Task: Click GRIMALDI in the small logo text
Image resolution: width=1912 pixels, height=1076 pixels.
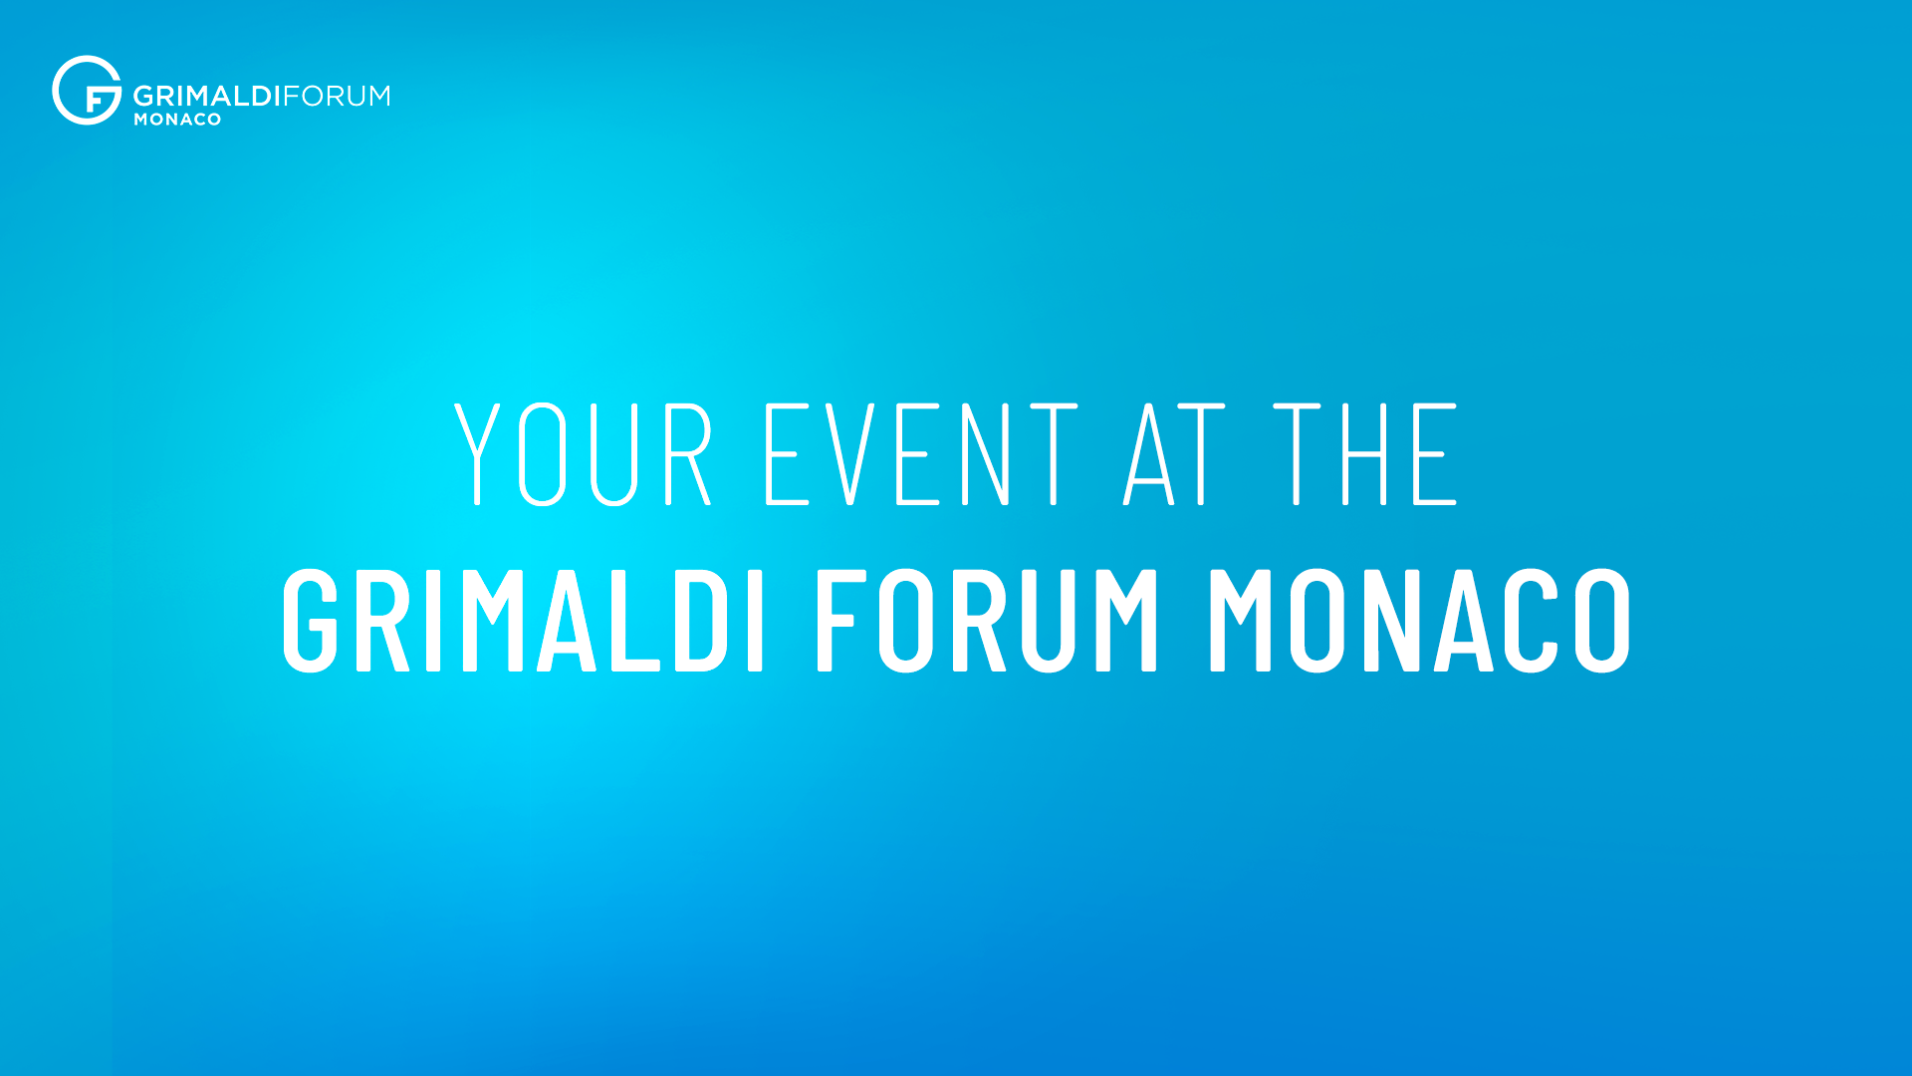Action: coord(207,96)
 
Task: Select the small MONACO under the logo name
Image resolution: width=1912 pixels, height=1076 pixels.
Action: coord(177,120)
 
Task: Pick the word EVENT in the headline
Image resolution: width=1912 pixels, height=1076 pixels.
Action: coord(921,454)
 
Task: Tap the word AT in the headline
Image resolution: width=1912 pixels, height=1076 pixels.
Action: coord(1174,454)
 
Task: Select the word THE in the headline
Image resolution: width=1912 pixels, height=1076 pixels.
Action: coord(1365,454)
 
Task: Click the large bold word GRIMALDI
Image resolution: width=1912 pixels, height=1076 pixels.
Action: coord(524,620)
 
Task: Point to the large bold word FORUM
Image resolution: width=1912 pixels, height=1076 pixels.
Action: coord(987,620)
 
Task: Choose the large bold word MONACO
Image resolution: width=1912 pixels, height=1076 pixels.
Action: coord(1420,620)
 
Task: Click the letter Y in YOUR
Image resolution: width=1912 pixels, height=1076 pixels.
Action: coord(477,454)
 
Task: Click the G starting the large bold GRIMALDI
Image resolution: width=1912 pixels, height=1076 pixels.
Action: coord(311,620)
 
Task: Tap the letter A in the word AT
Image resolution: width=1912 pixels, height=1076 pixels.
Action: coord(1149,454)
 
